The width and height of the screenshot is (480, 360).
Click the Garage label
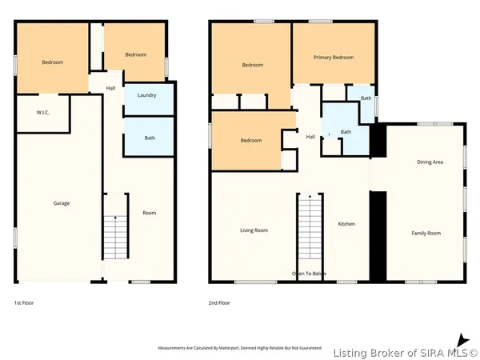(62, 203)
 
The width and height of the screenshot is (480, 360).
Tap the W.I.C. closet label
(43, 112)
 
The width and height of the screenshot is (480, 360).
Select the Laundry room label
(146, 95)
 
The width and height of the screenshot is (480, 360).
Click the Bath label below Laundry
(150, 138)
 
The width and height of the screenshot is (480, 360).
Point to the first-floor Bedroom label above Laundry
(136, 54)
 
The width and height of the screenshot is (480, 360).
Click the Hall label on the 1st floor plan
(111, 88)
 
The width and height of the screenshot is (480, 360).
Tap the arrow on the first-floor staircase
(115, 217)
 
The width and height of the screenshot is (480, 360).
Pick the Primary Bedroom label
(334, 58)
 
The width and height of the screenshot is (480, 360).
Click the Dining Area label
(430, 162)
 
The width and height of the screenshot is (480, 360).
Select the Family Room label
(426, 233)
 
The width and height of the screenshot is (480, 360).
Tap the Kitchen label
(346, 224)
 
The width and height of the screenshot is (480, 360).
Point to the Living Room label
(254, 230)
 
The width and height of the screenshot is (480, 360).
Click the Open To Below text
(309, 274)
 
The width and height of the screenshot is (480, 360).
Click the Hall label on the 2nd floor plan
(310, 137)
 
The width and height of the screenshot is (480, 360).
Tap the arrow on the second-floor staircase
(310, 195)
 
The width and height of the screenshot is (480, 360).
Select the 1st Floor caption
(24, 303)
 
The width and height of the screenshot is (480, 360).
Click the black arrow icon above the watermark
(462, 339)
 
